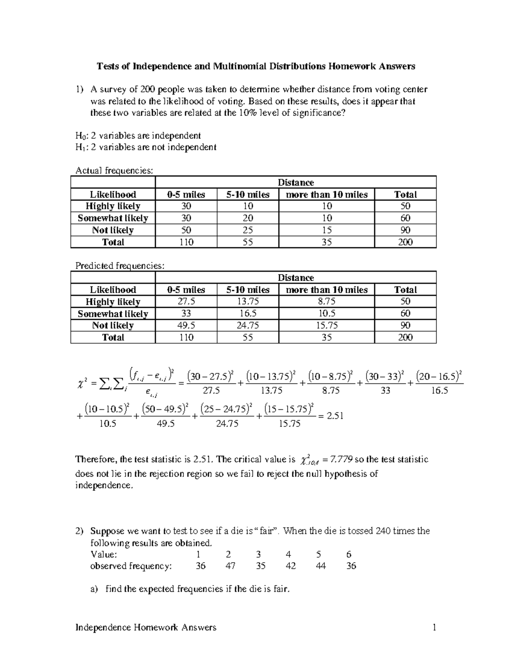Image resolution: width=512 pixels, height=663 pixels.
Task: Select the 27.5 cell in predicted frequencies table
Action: coord(186,301)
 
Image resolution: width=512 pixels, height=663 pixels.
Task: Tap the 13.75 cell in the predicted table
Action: coord(247,301)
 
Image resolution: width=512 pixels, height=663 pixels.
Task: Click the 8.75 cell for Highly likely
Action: coord(326,301)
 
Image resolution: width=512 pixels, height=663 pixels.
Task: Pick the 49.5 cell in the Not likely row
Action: coord(186,325)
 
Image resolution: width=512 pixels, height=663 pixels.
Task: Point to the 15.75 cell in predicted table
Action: coord(326,325)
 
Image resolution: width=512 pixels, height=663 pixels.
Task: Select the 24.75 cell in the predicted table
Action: coord(247,325)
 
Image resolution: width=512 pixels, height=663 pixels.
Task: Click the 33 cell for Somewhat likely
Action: coord(186,313)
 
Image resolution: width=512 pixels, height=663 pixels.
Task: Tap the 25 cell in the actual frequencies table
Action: coord(247,230)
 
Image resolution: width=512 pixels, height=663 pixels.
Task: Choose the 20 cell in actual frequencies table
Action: coord(247,218)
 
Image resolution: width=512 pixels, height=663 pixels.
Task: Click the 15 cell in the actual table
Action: coord(326,230)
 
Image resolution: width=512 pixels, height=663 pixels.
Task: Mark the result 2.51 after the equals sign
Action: coord(335,416)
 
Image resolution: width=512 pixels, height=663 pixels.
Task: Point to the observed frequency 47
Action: coord(229,566)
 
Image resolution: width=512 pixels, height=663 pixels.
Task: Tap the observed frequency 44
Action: coord(321,566)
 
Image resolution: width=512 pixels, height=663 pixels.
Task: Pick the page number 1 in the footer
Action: coord(434,627)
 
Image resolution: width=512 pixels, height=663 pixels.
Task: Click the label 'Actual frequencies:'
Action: coord(113,170)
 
